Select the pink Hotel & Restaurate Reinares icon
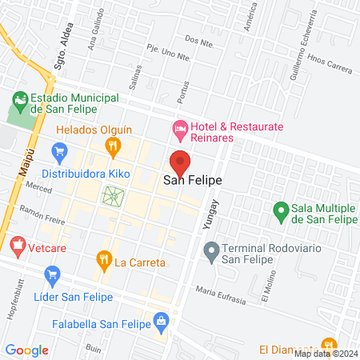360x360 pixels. [x=181, y=127]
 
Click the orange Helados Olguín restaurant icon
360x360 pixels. [x=114, y=145]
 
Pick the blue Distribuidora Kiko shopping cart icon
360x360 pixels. [x=58, y=150]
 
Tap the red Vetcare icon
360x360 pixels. [x=18, y=244]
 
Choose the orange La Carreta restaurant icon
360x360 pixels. [x=103, y=259]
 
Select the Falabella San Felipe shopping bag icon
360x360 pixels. [x=162, y=322]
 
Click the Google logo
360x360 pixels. [x=26, y=350]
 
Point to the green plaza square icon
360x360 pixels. [x=114, y=194]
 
